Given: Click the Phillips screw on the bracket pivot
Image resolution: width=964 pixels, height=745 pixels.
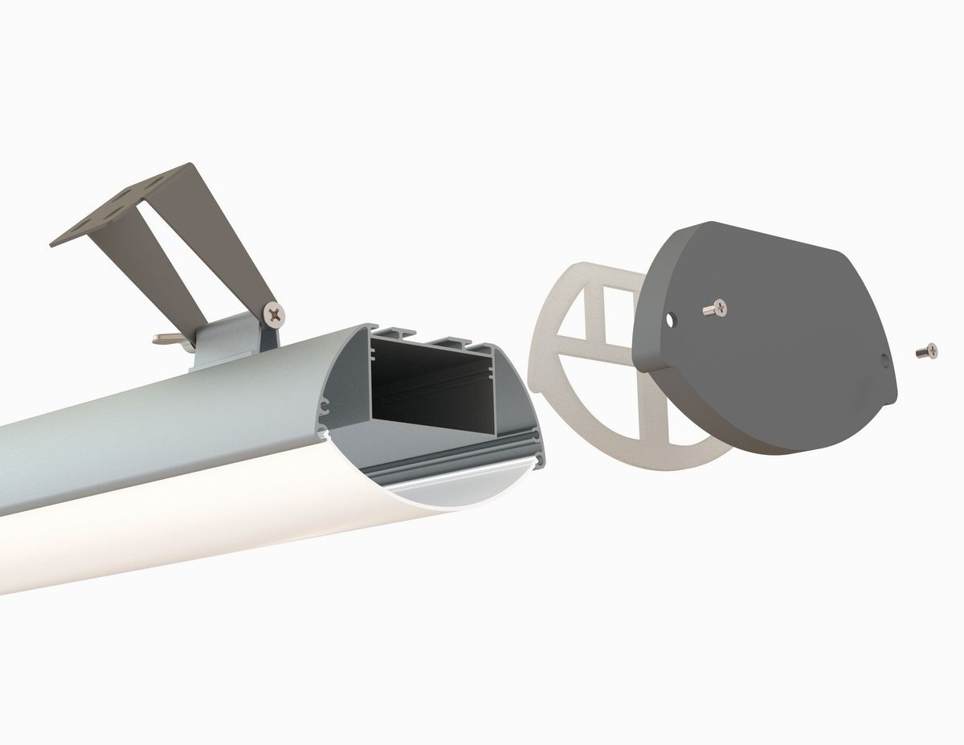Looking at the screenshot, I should click(276, 313).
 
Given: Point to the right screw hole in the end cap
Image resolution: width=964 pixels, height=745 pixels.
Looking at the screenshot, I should click(884, 360).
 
